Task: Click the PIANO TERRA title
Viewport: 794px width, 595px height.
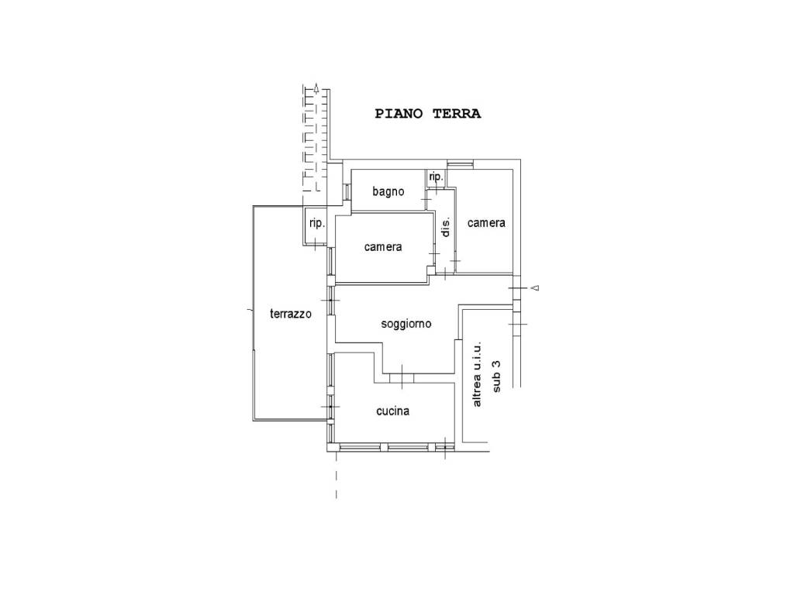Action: click(428, 114)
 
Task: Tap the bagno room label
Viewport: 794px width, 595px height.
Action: click(388, 191)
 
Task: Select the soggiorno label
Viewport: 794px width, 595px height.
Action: click(406, 324)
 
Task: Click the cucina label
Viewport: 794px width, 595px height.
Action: click(393, 411)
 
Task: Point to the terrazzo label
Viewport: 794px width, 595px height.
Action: click(291, 314)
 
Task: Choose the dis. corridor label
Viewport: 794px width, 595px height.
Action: click(446, 227)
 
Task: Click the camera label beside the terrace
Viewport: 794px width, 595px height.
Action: click(383, 247)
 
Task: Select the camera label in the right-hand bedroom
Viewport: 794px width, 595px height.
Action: click(486, 222)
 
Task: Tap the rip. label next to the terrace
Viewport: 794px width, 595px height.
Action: click(317, 223)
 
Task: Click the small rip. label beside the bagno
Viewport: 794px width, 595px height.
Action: click(436, 177)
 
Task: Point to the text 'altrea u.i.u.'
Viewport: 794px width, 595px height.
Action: click(478, 375)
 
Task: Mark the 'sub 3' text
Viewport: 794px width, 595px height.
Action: click(496, 376)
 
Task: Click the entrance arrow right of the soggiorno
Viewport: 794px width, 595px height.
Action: click(535, 288)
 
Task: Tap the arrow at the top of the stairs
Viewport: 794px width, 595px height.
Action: click(316, 89)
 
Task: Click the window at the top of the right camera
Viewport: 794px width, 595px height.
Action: click(461, 163)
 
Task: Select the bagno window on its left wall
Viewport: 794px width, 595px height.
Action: click(347, 192)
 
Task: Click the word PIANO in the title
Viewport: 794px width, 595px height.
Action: click(399, 114)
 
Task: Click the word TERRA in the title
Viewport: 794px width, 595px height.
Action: click(457, 114)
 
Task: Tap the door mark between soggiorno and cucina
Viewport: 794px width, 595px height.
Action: click(402, 377)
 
